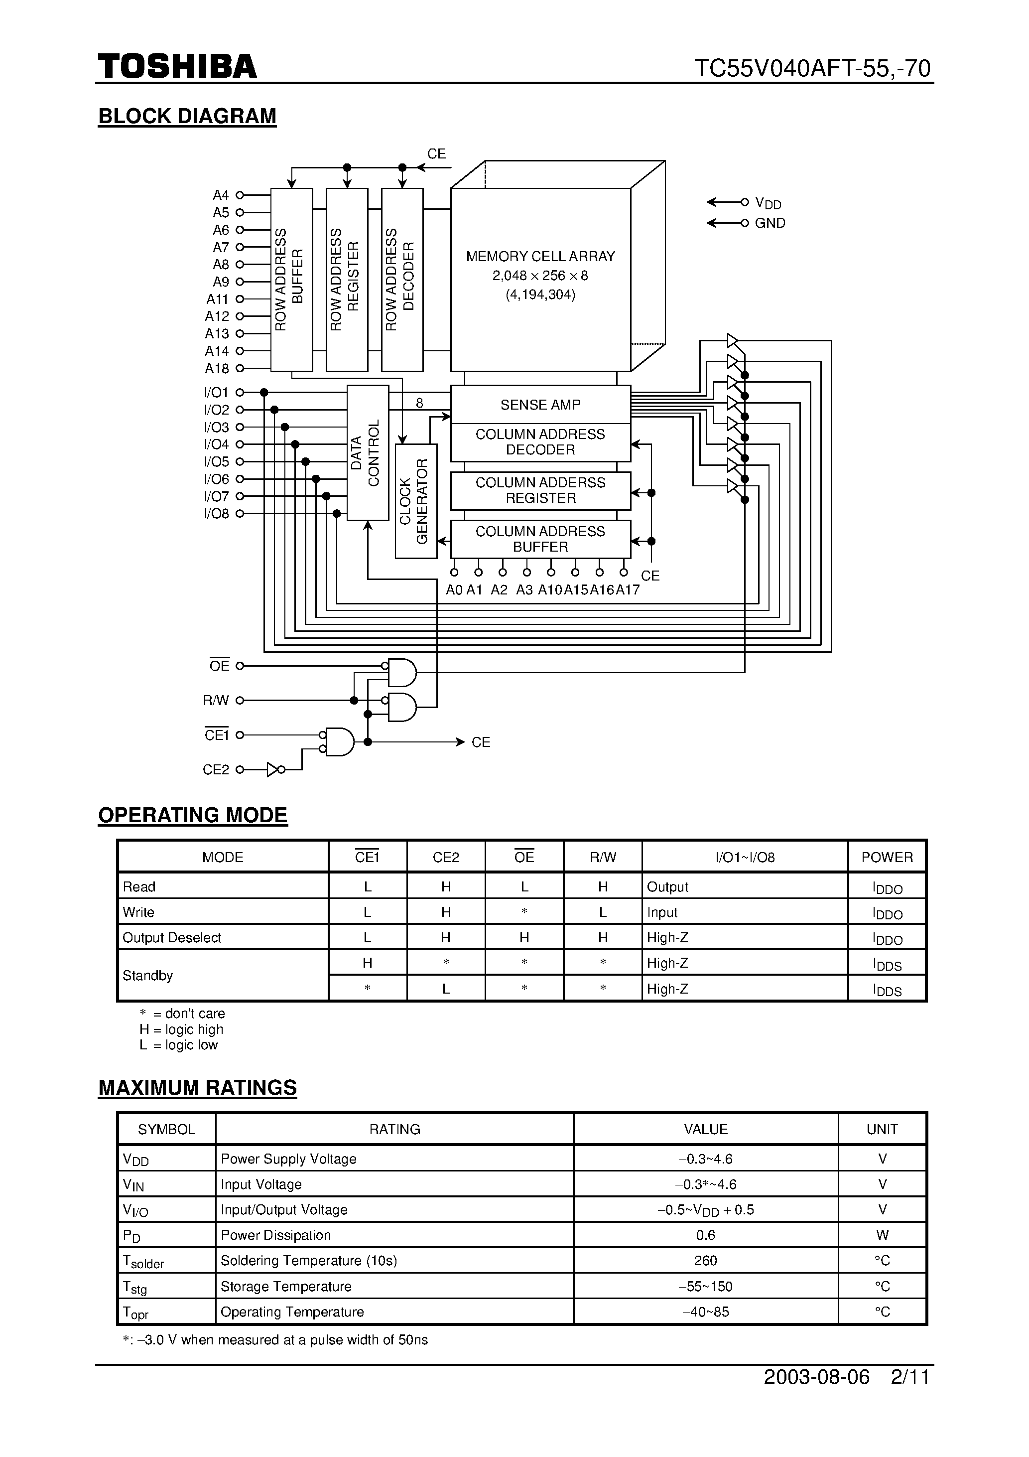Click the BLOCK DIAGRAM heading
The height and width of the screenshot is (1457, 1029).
click(x=187, y=116)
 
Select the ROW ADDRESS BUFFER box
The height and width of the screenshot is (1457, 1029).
click(x=291, y=279)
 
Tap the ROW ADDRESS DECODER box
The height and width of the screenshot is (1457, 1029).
click(x=401, y=279)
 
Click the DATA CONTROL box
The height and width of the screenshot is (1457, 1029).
click(x=367, y=452)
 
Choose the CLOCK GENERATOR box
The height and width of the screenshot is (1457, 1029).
click(x=415, y=501)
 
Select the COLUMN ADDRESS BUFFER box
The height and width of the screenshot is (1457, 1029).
click(x=540, y=539)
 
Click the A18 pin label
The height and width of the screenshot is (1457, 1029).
click(x=216, y=369)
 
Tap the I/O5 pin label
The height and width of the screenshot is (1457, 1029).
click(x=216, y=462)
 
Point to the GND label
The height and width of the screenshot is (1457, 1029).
click(x=770, y=223)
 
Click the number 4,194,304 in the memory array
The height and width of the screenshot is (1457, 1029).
click(x=540, y=295)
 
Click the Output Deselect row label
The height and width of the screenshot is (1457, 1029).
click(x=172, y=937)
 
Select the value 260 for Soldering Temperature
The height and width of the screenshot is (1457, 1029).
click(x=705, y=1260)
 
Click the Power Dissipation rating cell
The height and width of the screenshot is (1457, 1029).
click(x=276, y=1235)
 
